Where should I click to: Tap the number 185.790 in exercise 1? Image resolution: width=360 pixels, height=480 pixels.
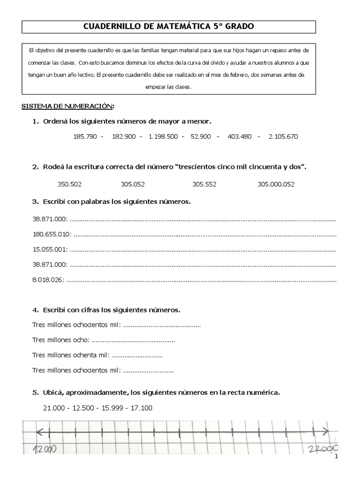tap(85, 137)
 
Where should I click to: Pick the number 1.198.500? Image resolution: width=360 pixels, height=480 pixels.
tap(163, 137)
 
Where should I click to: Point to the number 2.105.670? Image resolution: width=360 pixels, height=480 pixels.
tap(283, 137)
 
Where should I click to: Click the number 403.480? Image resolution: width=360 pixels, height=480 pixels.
tap(240, 137)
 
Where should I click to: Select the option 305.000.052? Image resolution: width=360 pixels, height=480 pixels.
tap(276, 184)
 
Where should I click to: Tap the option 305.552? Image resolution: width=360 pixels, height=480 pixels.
tap(204, 184)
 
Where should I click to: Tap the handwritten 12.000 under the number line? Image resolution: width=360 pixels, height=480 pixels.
tap(45, 449)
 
